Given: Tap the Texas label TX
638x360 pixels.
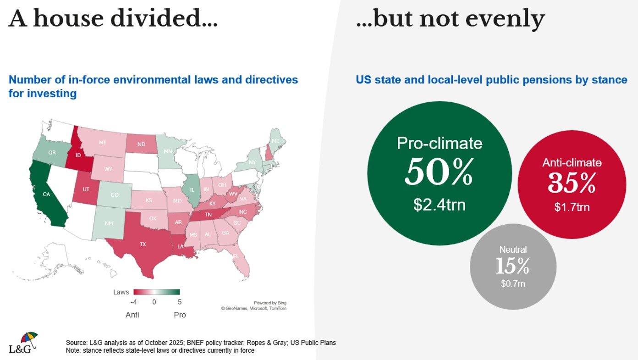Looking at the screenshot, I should [x=143, y=244].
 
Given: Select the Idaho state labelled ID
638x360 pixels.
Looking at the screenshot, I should [x=78, y=155].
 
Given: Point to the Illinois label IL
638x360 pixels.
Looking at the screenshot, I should [x=192, y=190].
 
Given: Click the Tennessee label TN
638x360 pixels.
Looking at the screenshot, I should [x=208, y=215].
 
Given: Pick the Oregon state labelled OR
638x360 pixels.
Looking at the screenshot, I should [x=52, y=152].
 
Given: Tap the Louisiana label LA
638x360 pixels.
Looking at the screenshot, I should [x=181, y=247].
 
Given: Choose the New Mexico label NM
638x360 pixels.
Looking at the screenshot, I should [x=109, y=223].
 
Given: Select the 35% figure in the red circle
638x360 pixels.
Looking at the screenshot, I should [x=572, y=183].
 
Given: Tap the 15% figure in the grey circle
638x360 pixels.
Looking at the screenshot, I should [x=512, y=266].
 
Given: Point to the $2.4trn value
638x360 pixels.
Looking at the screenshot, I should [x=439, y=205].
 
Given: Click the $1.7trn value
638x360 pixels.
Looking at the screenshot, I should [x=572, y=207].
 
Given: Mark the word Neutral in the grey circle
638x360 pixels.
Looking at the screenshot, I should [x=513, y=250].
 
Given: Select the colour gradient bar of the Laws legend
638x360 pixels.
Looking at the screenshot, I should [x=156, y=292].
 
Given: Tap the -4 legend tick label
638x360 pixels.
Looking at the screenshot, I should [x=133, y=302].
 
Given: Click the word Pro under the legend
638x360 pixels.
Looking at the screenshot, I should [x=180, y=315].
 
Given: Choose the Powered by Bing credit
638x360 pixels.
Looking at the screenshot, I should [x=270, y=303].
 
